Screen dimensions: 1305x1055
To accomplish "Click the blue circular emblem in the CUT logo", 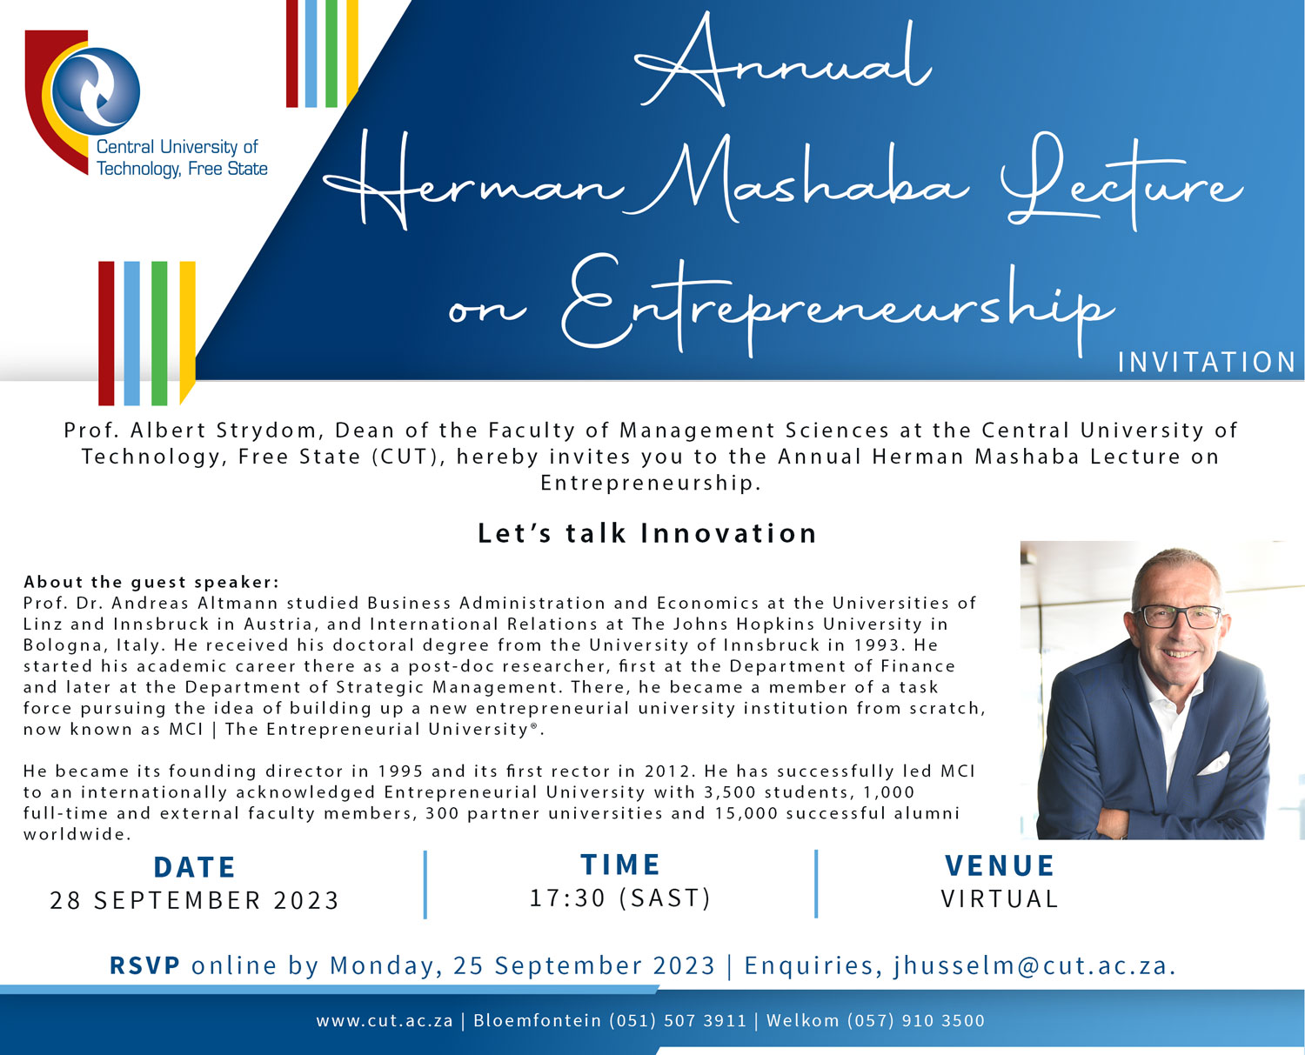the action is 97,91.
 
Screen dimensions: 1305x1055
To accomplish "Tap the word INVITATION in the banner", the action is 1207,362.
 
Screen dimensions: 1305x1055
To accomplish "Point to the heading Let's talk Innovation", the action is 647,533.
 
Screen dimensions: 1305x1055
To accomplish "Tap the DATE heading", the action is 194,867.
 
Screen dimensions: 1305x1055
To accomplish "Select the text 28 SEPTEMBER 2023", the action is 194,900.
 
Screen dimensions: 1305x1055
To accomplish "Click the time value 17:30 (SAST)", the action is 620,898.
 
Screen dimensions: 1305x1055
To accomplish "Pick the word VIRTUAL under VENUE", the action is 1000,898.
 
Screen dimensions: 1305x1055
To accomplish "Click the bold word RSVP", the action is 144,965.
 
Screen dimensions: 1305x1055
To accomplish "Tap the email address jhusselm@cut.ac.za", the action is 1034,965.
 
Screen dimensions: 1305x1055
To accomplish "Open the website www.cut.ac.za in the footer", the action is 385,1021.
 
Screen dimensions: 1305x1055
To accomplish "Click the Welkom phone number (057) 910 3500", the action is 916,1021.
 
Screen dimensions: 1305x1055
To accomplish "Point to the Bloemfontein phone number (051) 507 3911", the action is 678,1021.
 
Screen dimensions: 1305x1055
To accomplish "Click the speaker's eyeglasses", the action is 1178,617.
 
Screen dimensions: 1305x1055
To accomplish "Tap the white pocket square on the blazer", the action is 1213,763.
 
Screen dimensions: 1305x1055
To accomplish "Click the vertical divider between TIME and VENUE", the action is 816,883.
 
